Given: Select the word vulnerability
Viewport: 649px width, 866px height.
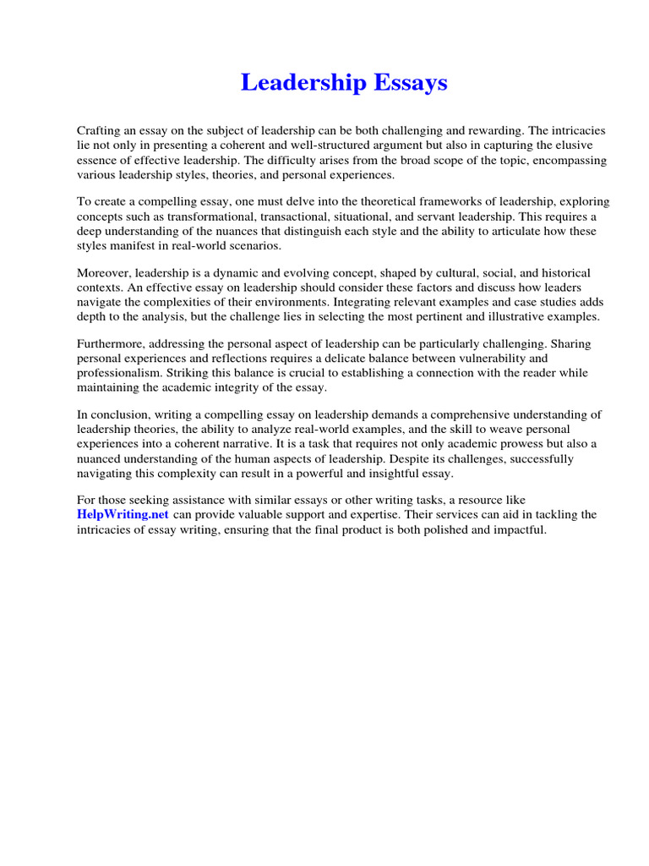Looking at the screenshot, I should (478, 359).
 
